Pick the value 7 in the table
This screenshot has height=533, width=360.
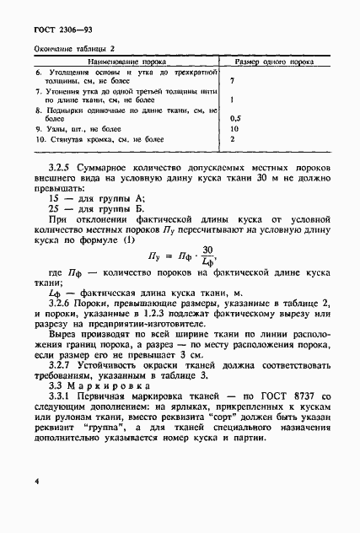pyautogui.click(x=231, y=82)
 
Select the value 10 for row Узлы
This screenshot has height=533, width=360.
pyautogui.click(x=234, y=128)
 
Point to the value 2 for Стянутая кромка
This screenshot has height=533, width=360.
pyautogui.click(x=231, y=138)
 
